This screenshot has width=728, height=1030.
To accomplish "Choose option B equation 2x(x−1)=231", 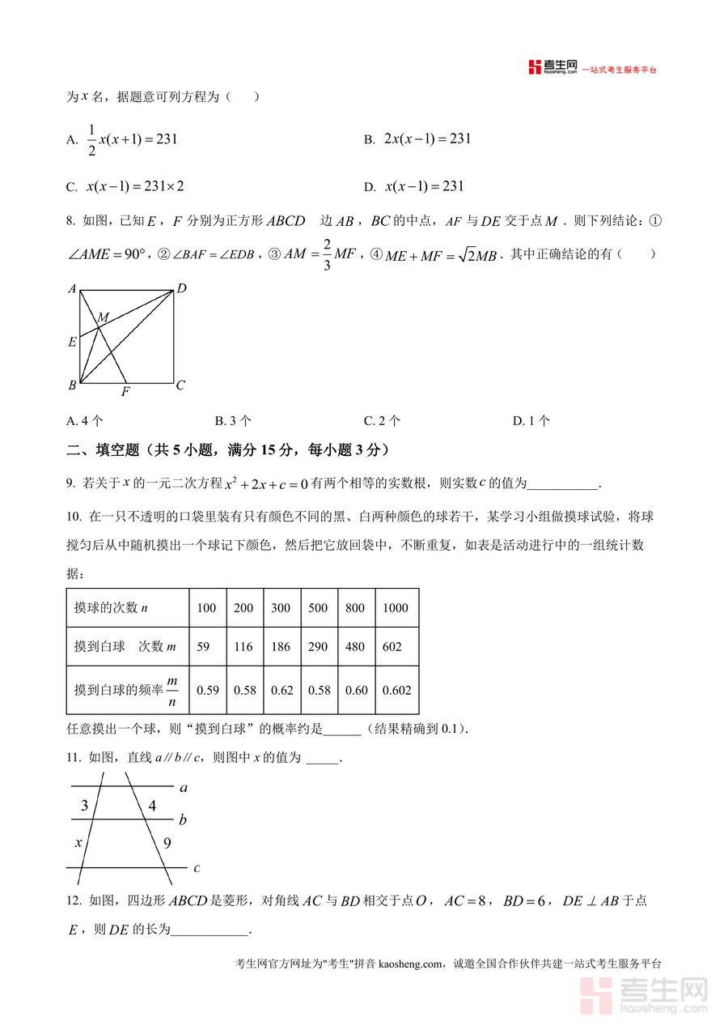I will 417,139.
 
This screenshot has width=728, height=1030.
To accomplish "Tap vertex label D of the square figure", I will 182,288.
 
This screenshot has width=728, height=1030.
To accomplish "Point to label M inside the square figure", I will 103,317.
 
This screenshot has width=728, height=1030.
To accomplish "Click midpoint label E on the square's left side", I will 72,342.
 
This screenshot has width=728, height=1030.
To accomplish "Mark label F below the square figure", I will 125,393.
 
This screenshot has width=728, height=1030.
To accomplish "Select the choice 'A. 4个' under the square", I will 85,420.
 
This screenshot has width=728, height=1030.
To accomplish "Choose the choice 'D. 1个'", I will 531,420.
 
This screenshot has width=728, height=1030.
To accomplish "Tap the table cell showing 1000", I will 396,608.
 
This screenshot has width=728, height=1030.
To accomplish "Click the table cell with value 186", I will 281,647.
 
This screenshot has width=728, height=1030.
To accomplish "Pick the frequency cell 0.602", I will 396,691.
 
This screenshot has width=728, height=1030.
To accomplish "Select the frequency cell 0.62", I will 281,691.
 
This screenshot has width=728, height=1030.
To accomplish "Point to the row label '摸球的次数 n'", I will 111,608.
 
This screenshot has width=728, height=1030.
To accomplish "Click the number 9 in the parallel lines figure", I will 167,843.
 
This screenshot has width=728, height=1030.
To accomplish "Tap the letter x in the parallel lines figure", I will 78,843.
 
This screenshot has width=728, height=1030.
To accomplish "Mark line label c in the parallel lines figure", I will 197,868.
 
